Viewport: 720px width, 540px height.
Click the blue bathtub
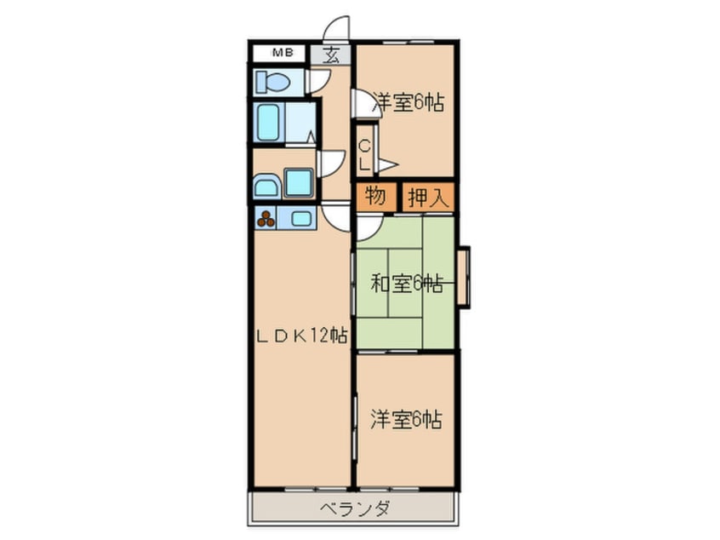[268, 122]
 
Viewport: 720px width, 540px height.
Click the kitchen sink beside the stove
[301, 218]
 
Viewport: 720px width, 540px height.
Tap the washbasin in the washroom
[266, 185]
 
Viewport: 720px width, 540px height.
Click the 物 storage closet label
[375, 197]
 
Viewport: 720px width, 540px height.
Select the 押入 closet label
[428, 198]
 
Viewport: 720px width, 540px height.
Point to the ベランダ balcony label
[356, 509]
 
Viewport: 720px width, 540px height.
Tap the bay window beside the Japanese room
[463, 276]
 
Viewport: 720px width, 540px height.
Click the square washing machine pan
[298, 182]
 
